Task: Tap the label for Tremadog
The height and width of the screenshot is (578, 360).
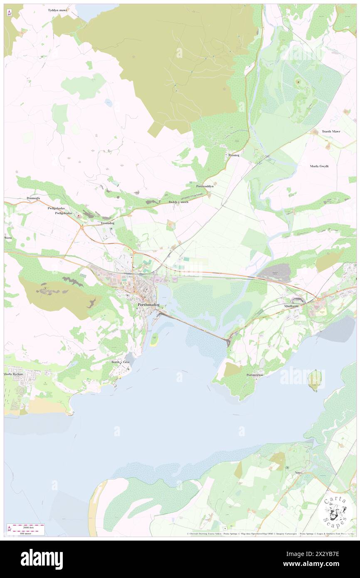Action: click(107, 223)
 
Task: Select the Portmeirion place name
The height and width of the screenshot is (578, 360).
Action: click(255, 375)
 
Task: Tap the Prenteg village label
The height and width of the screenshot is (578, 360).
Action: click(234, 155)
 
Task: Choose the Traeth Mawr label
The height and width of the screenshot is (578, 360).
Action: click(331, 131)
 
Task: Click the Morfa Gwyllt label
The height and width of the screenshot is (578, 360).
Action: click(319, 166)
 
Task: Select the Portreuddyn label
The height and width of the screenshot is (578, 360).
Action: click(205, 186)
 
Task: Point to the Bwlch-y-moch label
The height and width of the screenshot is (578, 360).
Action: click(178, 202)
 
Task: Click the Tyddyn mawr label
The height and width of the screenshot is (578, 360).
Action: click(57, 10)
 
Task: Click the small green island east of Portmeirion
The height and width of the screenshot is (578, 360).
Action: click(315, 380)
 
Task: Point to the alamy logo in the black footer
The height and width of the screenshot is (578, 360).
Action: click(42, 559)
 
